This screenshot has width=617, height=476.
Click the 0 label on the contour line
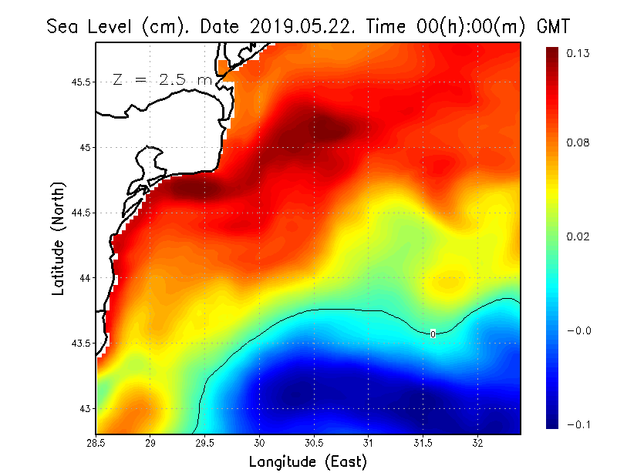point(433,334)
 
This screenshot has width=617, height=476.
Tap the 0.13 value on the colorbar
point(578,53)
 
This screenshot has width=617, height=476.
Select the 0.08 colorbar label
point(578,142)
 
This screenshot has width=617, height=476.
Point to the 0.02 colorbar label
point(578,236)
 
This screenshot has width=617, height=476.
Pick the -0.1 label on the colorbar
point(578,424)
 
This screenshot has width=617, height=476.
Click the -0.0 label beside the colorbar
point(578,330)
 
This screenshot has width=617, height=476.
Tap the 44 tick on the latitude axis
point(86,277)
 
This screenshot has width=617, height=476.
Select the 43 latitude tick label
point(86,408)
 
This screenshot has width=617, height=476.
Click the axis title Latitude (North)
point(59,237)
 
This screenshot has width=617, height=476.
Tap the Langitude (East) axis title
point(307,461)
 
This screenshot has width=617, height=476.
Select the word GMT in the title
point(552,26)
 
